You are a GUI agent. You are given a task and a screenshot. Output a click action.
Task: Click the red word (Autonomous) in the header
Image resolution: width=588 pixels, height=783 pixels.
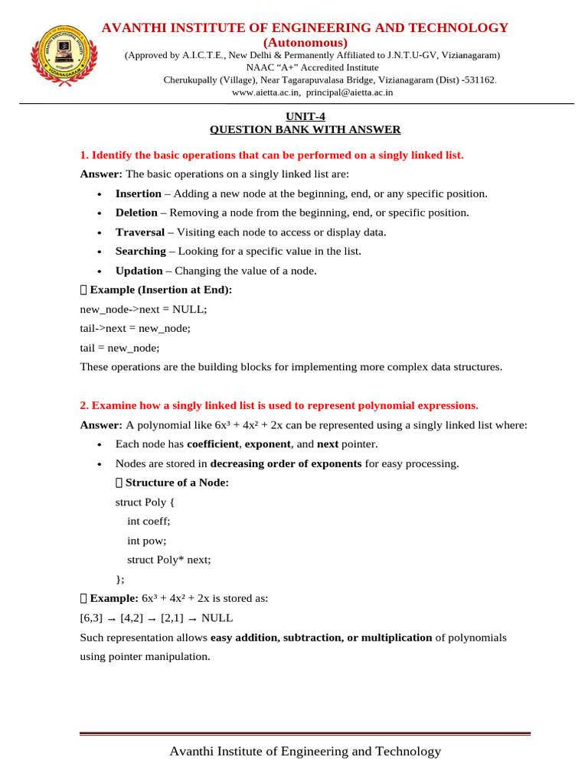pos(305,42)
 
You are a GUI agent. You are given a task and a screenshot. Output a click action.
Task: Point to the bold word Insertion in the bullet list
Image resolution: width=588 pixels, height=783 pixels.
pos(138,193)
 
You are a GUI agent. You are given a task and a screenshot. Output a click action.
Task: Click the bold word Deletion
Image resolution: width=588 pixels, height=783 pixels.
pos(136,213)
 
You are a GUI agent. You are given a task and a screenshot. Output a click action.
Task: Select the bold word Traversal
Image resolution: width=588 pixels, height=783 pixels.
pos(139,232)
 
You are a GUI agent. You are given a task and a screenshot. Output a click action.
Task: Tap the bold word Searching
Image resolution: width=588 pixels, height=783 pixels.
pos(140,251)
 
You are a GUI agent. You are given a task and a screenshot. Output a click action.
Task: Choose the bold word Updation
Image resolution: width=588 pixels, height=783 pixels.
pos(139,271)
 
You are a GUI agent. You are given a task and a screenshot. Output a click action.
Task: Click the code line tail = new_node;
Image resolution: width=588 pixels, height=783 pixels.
pos(120,347)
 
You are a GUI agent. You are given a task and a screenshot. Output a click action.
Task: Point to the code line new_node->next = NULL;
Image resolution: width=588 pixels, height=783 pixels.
pos(143,309)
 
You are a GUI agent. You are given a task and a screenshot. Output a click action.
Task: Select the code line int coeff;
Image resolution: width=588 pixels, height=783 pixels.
pos(149,521)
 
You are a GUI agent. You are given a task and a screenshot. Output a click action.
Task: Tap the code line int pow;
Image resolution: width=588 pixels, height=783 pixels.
pos(146,540)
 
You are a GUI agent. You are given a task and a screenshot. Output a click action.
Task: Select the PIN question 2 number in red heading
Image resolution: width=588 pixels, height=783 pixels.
pos(84,405)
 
